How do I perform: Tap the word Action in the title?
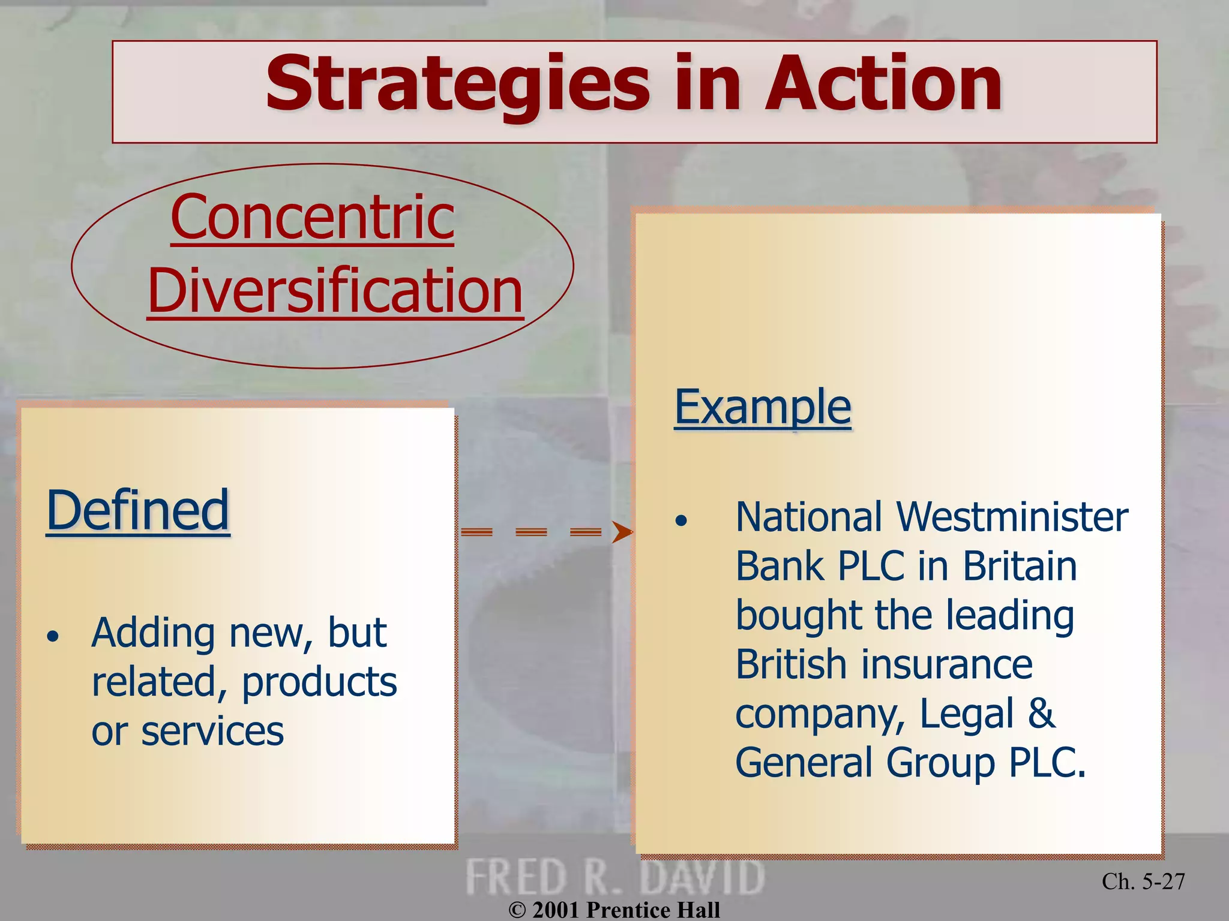click(x=882, y=84)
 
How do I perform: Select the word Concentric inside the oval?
click(x=312, y=217)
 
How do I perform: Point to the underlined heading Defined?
click(x=138, y=510)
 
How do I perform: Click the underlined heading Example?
click(x=762, y=407)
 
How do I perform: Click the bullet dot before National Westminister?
click(x=681, y=520)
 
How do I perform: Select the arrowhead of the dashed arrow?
click(x=622, y=532)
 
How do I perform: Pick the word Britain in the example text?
click(x=1020, y=566)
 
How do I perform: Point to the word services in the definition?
click(x=212, y=732)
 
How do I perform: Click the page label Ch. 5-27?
click(x=1143, y=881)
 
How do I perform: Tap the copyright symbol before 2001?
click(x=517, y=910)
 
